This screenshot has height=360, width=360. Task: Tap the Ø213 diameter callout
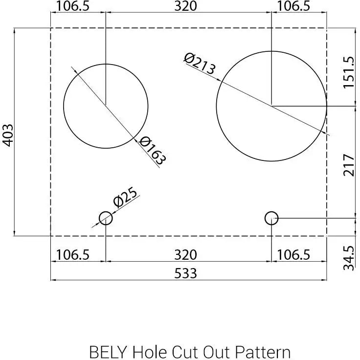coord(200,64)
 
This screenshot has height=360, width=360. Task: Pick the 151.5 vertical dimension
coord(348,72)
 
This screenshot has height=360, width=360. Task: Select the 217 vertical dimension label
coord(348,165)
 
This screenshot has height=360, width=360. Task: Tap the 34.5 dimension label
coord(348,258)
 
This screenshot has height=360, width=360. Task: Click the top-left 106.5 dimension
coord(73,6)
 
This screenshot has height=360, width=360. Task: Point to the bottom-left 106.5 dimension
coord(73,255)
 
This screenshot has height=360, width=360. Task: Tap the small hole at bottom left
coord(106,218)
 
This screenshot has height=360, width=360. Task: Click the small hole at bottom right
coord(271,218)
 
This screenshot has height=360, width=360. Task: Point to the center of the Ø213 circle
coord(271,106)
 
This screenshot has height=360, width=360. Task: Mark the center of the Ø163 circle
coord(106,106)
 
